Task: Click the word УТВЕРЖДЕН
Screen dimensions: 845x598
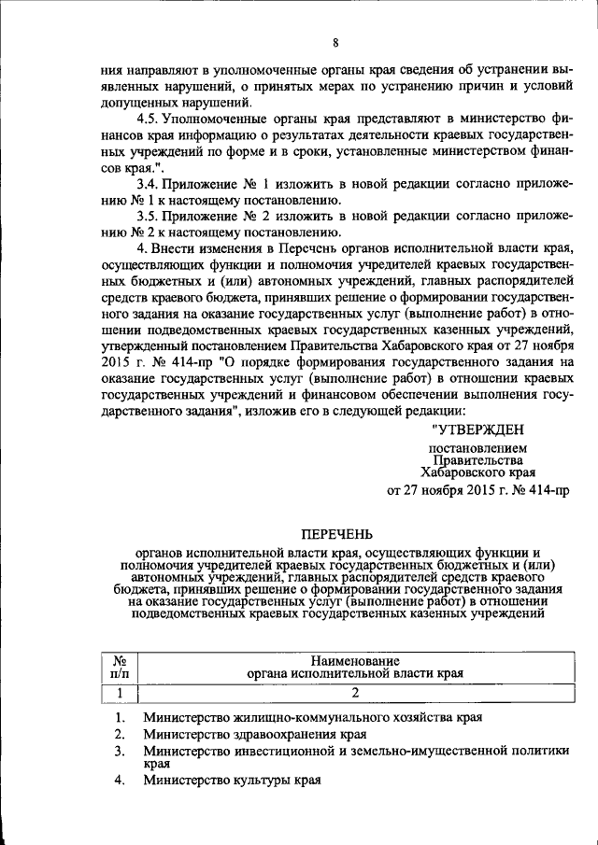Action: [478, 430]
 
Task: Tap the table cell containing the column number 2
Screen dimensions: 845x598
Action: [355, 692]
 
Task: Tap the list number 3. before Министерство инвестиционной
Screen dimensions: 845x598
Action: [119, 750]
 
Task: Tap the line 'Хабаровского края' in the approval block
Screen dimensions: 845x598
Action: [477, 472]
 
